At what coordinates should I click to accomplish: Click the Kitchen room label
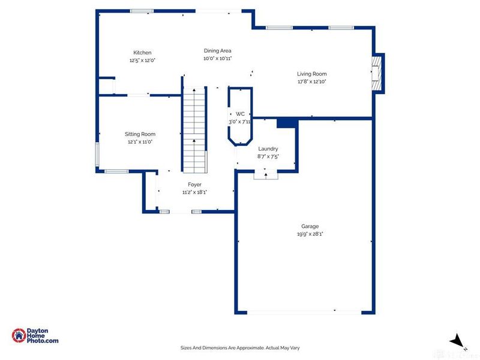click(142, 53)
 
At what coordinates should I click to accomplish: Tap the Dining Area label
click(218, 51)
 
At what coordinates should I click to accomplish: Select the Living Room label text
click(311, 74)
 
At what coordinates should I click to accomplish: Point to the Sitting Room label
click(140, 134)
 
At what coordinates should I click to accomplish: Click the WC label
click(240, 114)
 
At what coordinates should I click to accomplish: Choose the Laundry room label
click(268, 149)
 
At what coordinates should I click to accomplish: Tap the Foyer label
click(194, 185)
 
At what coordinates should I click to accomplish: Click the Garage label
click(310, 226)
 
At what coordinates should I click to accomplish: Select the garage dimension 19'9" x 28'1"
click(310, 234)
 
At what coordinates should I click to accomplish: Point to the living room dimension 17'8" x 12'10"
click(311, 82)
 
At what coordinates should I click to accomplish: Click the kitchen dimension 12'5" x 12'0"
click(142, 61)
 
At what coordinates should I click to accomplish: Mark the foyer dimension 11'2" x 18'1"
click(194, 192)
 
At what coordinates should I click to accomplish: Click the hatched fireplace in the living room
click(377, 73)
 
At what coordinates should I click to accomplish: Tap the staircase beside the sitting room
click(194, 131)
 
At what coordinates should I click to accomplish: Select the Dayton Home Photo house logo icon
click(19, 335)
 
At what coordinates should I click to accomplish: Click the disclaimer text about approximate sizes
click(240, 348)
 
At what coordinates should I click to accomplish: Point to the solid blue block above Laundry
click(287, 123)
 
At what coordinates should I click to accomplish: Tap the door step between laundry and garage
click(266, 176)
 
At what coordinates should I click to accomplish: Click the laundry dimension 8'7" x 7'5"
click(268, 157)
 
